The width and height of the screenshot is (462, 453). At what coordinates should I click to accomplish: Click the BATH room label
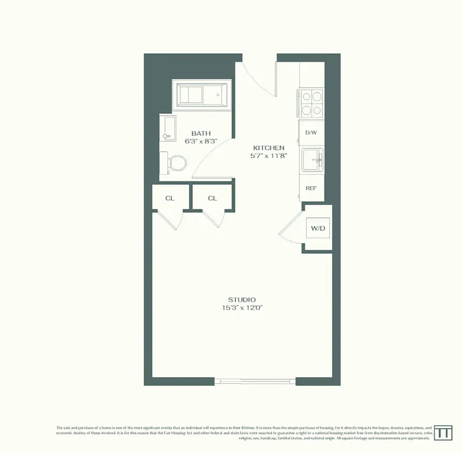[x=201, y=133]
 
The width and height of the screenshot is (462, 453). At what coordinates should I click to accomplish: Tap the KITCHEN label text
[x=268, y=147]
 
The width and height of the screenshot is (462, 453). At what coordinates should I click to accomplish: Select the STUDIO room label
[x=241, y=300]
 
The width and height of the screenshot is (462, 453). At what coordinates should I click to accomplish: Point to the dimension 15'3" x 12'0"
[x=243, y=308]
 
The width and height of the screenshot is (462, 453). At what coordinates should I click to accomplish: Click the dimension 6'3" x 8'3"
[x=201, y=142]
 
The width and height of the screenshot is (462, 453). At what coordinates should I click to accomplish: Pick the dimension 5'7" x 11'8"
[x=269, y=156]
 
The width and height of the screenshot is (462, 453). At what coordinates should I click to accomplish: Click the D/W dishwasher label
[x=311, y=133]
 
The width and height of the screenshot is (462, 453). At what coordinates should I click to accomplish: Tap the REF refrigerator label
[x=311, y=188]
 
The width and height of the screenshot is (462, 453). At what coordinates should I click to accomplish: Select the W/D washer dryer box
[x=318, y=228]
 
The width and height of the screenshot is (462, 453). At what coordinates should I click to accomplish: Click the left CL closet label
[x=169, y=198]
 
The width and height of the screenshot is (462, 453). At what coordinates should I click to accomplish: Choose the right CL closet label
[x=212, y=198]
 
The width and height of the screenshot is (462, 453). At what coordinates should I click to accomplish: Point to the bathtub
[x=202, y=95]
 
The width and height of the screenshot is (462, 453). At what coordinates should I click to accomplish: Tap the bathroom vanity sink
[x=168, y=130]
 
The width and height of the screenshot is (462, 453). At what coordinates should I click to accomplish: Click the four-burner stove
[x=312, y=103]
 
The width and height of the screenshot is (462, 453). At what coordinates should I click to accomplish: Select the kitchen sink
[x=312, y=160]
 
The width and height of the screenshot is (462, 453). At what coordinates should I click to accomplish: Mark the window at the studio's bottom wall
[x=257, y=381]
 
